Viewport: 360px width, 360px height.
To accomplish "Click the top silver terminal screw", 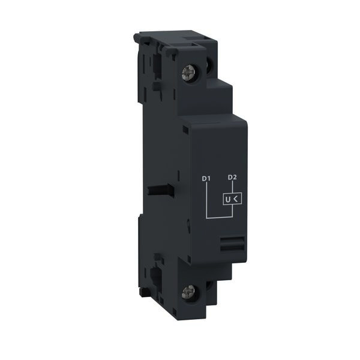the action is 188,73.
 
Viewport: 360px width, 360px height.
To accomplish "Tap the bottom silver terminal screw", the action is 188,293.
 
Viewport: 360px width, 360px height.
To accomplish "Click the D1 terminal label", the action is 206,178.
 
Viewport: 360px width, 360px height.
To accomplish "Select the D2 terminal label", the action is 232,177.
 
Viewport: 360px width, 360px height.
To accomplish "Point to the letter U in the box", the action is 228,200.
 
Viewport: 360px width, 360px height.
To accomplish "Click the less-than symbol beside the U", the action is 236,199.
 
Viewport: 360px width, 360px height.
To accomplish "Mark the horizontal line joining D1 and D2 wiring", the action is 220,217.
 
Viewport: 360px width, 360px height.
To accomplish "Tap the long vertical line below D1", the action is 207,200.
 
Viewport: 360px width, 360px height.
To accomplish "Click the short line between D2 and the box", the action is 233,187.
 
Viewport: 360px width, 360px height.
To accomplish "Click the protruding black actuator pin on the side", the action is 160,190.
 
